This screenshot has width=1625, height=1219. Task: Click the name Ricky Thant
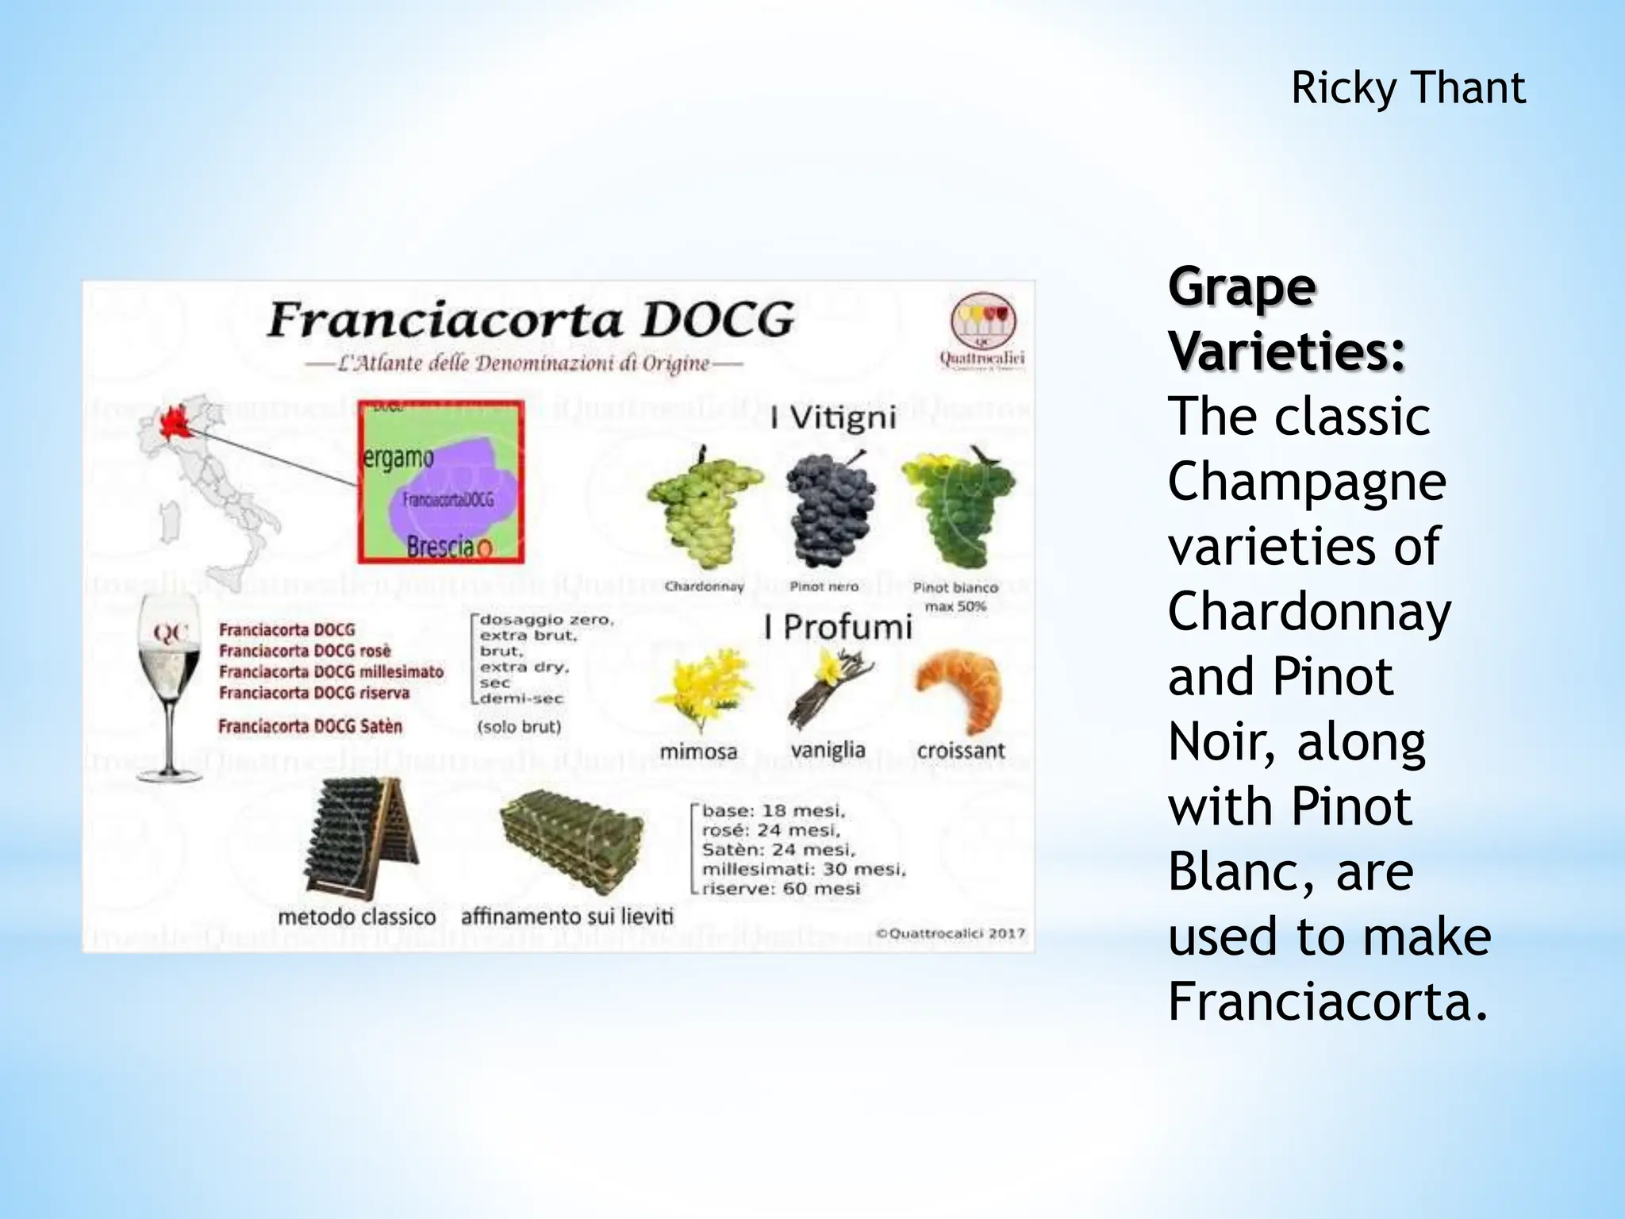[1408, 88]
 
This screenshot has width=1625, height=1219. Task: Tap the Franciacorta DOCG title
[530, 320]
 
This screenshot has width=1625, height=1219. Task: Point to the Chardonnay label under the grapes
[704, 587]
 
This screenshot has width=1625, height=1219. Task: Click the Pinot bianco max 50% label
[955, 596]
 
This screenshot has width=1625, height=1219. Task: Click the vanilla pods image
[829, 686]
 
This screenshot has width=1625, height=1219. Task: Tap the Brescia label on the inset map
[441, 546]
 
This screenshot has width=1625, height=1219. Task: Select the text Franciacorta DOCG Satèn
[310, 726]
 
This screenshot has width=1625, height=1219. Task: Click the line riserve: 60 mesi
[780, 889]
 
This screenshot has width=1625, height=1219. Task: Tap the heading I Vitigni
[833, 418]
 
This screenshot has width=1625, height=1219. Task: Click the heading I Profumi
[838, 628]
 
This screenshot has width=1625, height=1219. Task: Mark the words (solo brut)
[520, 727]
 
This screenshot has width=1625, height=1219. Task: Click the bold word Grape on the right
[1242, 288]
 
